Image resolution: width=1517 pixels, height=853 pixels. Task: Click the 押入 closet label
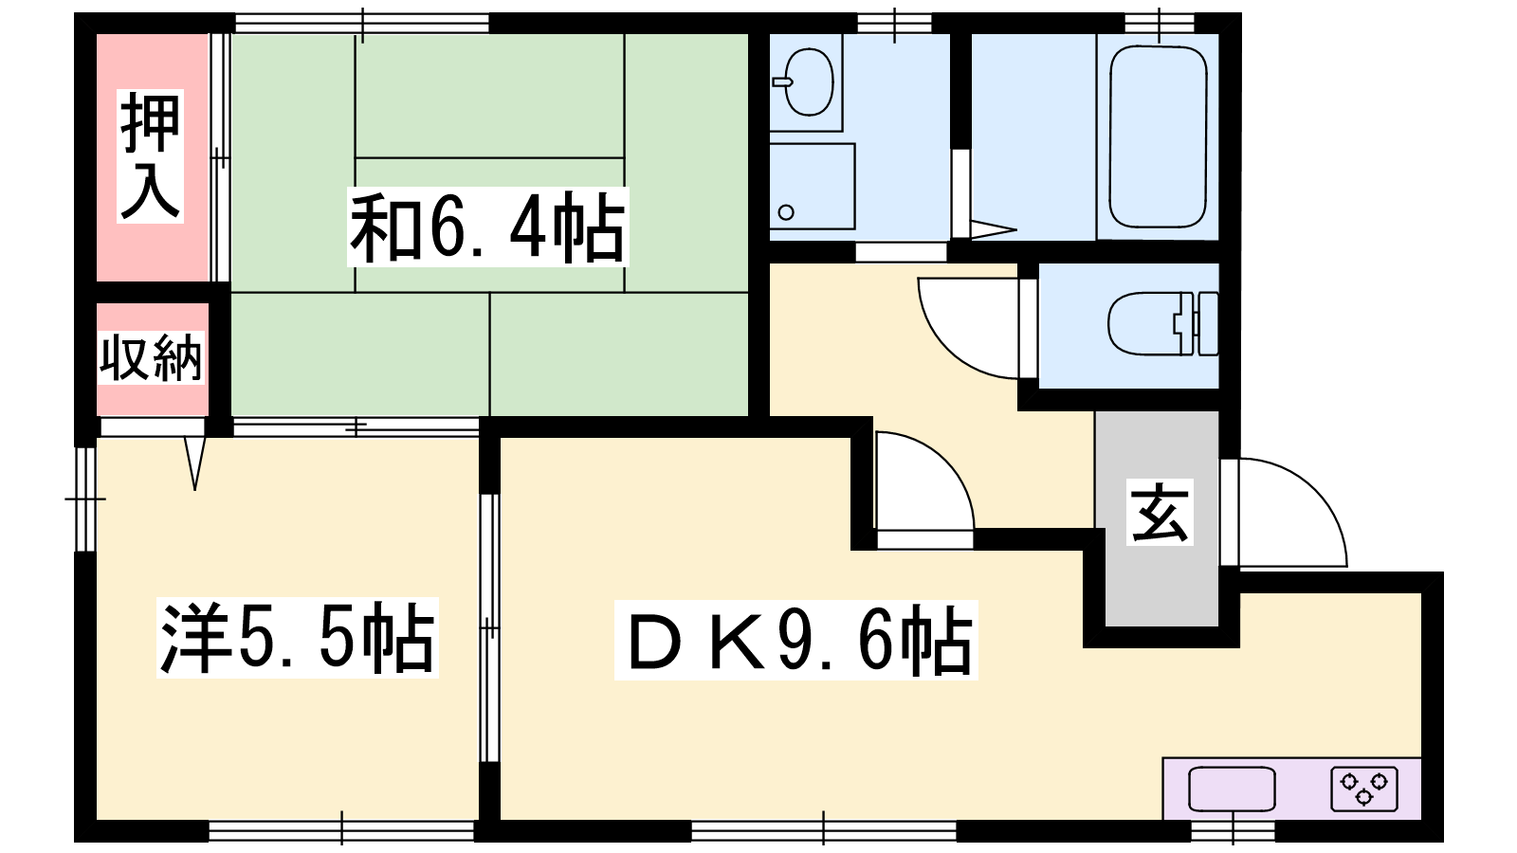click(150, 156)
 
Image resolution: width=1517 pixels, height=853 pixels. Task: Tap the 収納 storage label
click(151, 357)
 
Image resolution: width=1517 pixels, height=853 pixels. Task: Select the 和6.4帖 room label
click(487, 227)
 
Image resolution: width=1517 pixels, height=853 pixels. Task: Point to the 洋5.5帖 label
click(298, 637)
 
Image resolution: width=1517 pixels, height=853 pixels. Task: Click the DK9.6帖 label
click(795, 640)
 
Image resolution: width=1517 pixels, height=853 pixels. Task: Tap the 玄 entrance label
click(1160, 513)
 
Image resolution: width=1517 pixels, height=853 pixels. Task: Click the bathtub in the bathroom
click(1158, 136)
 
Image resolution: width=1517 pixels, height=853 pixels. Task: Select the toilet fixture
click(1162, 323)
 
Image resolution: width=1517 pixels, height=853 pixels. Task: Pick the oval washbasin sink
click(809, 82)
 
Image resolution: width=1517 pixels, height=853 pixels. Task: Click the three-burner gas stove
click(1364, 789)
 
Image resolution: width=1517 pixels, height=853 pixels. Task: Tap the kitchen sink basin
click(1232, 789)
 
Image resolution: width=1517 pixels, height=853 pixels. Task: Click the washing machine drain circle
click(786, 212)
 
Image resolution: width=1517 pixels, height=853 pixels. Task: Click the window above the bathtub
click(1160, 23)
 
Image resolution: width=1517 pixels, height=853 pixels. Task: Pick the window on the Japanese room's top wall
click(362, 23)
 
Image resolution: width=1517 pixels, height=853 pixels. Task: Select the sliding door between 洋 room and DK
click(489, 628)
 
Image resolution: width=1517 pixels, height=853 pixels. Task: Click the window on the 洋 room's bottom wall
click(341, 830)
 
